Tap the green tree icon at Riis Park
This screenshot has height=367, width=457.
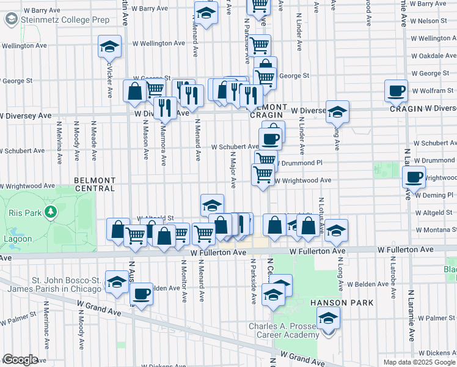pos(51,212)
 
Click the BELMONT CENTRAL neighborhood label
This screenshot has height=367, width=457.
pos(94,184)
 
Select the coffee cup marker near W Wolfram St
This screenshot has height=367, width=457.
pos(396,91)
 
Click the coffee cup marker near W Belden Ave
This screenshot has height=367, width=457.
pos(141,294)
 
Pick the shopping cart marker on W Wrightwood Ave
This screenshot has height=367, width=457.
pos(263,174)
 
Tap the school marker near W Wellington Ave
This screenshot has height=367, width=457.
pos(109,46)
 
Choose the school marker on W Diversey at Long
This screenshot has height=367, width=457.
pos(337,112)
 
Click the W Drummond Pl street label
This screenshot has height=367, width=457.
pos(301,163)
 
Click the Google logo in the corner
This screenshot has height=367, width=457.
pos(20,360)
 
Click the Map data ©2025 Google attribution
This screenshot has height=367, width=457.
pos(419,362)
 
